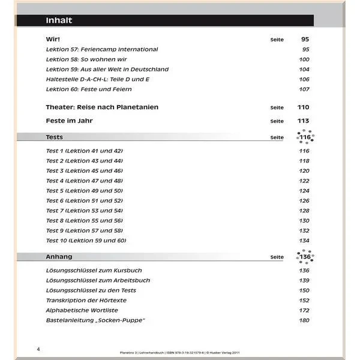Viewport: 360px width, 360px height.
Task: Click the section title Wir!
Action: (x=53, y=39)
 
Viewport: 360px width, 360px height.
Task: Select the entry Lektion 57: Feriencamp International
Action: (x=101, y=49)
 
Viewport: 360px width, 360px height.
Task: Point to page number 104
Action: (x=304, y=70)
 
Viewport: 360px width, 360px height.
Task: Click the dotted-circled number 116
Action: (x=305, y=137)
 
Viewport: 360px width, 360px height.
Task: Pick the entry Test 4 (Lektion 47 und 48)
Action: (x=84, y=181)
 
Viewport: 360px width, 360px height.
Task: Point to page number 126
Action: (x=304, y=200)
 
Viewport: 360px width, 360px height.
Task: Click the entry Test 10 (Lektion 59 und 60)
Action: (x=86, y=241)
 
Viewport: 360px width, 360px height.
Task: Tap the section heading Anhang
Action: (x=59, y=257)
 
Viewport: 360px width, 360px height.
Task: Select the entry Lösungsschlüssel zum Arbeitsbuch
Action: (x=98, y=280)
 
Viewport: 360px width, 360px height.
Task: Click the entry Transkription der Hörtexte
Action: (x=86, y=300)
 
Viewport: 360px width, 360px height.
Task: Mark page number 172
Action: (x=304, y=310)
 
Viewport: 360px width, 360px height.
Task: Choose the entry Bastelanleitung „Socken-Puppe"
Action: (x=95, y=320)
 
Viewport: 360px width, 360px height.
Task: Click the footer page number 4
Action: (x=38, y=349)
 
